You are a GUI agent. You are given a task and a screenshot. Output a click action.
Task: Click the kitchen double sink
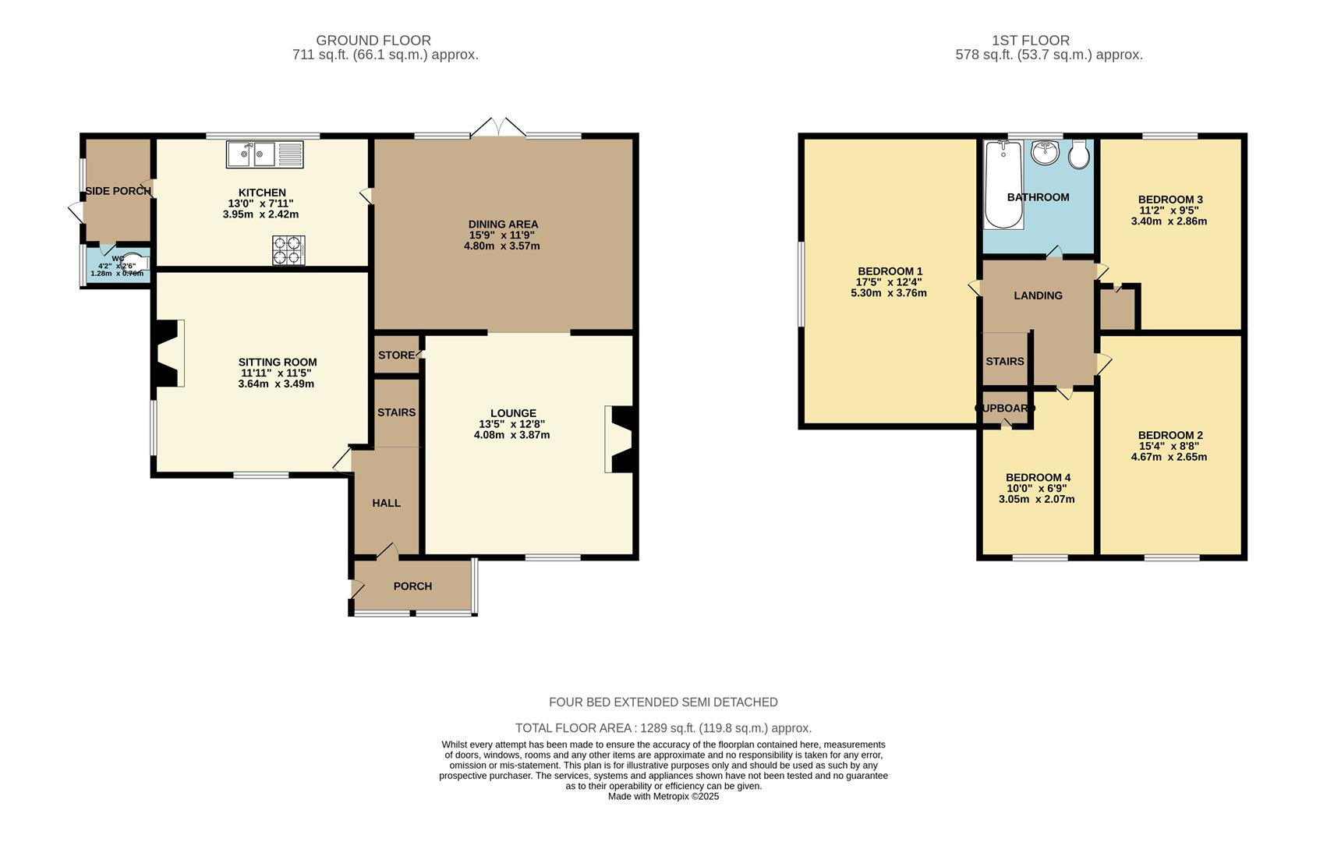[265, 154]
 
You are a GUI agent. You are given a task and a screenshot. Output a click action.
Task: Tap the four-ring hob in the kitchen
[288, 250]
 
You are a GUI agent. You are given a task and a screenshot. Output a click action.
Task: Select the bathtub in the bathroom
[1003, 186]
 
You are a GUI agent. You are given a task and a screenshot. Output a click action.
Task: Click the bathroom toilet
[1078, 155]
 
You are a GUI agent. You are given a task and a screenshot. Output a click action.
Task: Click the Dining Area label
[503, 225]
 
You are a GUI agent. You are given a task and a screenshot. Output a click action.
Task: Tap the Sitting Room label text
[278, 362]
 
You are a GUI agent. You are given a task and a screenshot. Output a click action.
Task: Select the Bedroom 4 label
[1038, 477]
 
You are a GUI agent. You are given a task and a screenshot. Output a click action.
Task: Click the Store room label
[396, 355]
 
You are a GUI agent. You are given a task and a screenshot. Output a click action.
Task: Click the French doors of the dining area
[498, 129]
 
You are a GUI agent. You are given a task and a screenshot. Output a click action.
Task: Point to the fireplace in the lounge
[621, 439]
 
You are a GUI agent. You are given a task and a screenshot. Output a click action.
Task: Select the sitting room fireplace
[168, 352]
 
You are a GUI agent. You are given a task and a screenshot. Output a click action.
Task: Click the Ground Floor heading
[373, 41]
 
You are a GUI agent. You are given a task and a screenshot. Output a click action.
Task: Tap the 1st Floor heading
[1030, 41]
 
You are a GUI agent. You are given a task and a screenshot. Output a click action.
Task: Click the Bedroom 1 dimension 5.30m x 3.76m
[888, 293]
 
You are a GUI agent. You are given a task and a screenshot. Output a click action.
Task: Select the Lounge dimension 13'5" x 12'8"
[511, 424]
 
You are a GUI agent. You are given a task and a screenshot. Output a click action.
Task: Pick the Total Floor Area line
[663, 728]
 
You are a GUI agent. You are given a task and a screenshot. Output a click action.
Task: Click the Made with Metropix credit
[663, 796]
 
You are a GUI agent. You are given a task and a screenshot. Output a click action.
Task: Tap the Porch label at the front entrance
[412, 586]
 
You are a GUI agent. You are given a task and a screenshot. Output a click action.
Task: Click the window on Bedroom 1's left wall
[800, 284]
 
